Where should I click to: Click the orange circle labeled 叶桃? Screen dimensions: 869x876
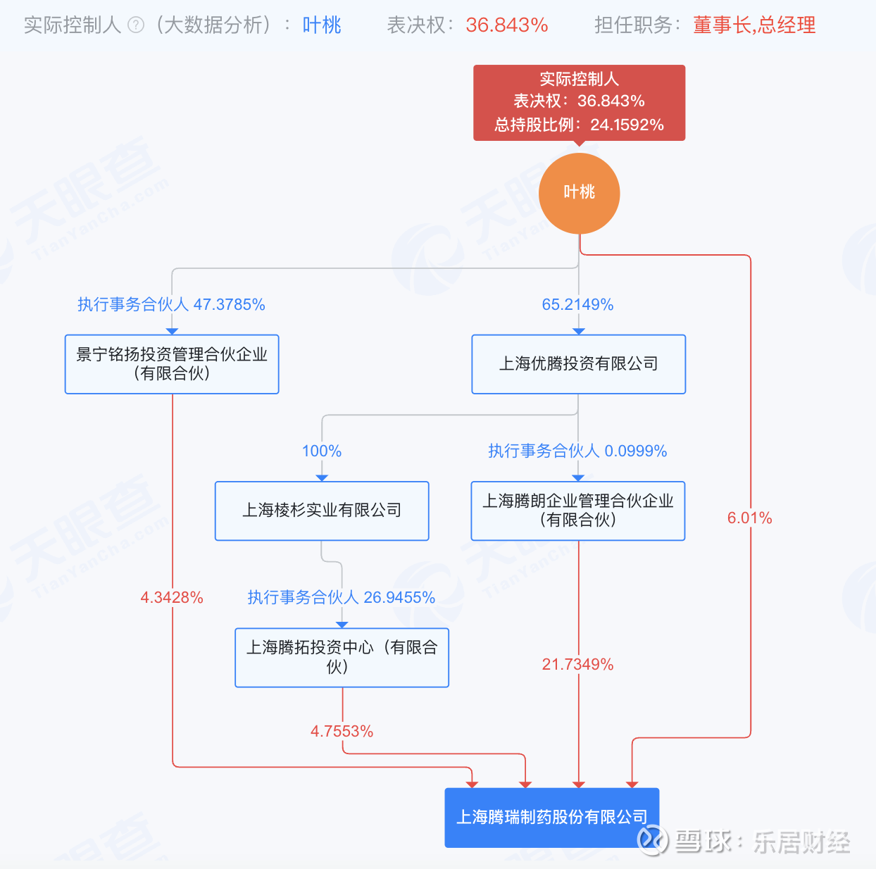(579, 193)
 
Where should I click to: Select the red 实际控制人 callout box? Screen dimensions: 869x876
(579, 102)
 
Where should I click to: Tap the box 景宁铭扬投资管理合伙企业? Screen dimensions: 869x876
(172, 364)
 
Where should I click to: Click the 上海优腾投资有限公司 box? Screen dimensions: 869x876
(578, 364)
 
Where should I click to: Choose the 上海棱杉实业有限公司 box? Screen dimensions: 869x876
(322, 511)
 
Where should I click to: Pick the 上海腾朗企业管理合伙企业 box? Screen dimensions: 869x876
(578, 511)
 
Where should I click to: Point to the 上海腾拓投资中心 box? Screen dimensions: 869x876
(342, 657)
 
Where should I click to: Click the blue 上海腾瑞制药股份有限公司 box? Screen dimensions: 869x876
(552, 817)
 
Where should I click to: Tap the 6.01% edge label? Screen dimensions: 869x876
(749, 518)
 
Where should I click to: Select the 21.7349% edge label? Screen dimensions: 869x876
(577, 664)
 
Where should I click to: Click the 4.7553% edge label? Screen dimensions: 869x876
(342, 731)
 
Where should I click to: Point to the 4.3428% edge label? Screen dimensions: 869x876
(172, 598)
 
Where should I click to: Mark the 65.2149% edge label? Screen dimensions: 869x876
(577, 304)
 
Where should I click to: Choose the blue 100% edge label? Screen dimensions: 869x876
(322, 451)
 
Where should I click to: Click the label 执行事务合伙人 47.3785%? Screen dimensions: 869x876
(171, 304)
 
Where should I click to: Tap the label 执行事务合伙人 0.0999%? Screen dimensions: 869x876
(577, 451)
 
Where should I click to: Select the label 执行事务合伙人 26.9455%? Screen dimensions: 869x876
(342, 597)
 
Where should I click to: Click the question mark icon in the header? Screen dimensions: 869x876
(136, 25)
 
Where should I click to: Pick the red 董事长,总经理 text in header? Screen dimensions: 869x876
(754, 25)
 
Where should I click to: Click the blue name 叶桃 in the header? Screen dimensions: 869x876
(322, 25)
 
